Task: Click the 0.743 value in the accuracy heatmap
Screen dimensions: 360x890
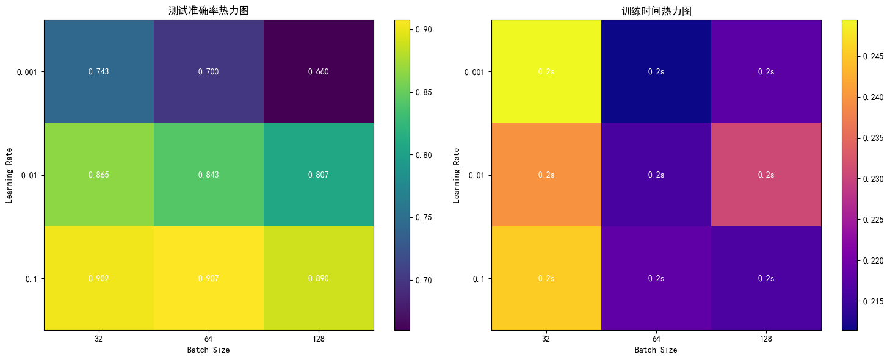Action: (x=98, y=72)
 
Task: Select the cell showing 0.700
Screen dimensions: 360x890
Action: (x=208, y=72)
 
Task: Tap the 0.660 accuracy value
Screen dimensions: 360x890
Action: (x=318, y=72)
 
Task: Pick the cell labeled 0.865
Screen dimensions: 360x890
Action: (x=98, y=175)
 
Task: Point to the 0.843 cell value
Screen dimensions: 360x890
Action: (x=208, y=175)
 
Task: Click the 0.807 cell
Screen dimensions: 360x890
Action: (x=318, y=175)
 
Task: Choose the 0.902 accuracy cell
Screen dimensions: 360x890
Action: (x=98, y=279)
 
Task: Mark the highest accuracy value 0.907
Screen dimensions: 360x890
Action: (x=208, y=279)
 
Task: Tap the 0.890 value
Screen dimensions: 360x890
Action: (x=318, y=279)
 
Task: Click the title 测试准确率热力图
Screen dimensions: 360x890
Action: (x=208, y=11)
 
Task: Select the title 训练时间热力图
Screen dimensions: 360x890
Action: (x=656, y=11)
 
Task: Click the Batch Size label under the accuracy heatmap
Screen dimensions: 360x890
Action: (x=208, y=350)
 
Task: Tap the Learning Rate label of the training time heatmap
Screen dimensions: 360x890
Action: (x=456, y=175)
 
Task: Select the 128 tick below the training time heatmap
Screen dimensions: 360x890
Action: (x=765, y=339)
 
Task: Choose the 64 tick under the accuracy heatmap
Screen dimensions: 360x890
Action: (x=208, y=339)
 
